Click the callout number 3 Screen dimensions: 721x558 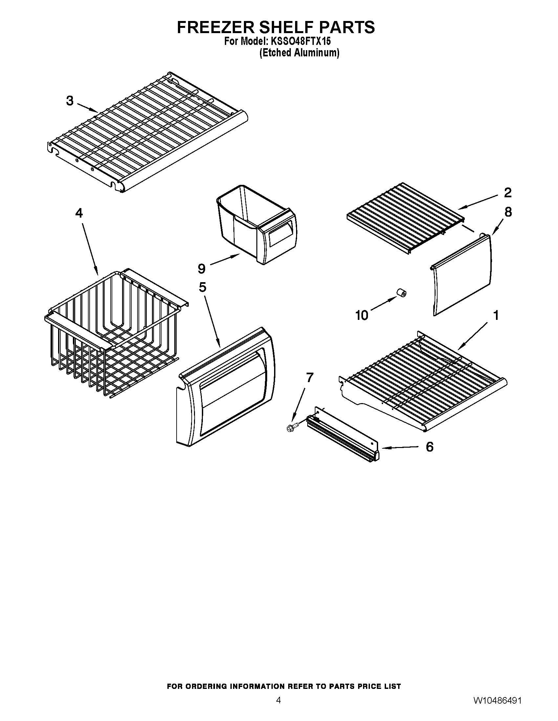[70, 101]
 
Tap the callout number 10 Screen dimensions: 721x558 [362, 315]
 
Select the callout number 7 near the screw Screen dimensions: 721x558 [310, 377]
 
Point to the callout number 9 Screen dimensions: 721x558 [201, 268]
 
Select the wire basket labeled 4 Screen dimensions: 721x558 [112, 333]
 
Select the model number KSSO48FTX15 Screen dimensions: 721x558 [300, 42]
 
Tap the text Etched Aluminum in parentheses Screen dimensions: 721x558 [299, 53]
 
